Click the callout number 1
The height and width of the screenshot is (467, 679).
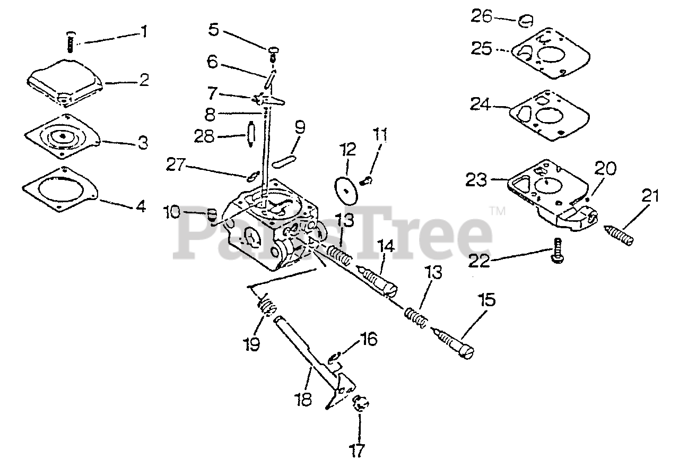[x=143, y=32]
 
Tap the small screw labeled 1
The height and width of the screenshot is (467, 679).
[x=70, y=42]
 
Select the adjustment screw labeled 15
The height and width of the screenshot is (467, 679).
[x=454, y=345]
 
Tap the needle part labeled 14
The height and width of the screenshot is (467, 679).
[x=379, y=280]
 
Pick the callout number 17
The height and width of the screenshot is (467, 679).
[x=358, y=451]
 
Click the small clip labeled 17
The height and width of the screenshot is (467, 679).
[x=361, y=404]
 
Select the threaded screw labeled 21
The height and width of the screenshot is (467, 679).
[x=619, y=235]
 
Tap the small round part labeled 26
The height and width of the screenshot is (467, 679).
[x=526, y=21]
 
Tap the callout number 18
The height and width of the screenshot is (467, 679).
[x=303, y=400]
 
